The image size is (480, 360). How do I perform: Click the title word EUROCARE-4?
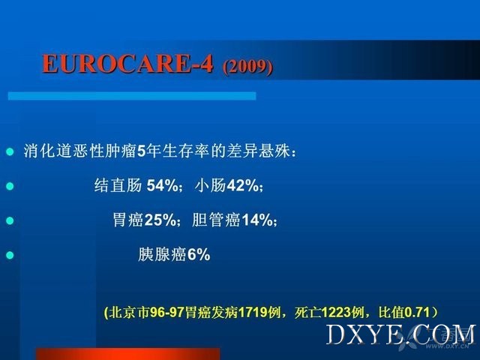click(x=127, y=64)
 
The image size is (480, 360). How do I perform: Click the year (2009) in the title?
click(x=247, y=66)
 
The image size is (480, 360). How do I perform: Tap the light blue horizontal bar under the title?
click(x=132, y=96)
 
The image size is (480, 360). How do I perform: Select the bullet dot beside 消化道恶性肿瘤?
click(x=10, y=151)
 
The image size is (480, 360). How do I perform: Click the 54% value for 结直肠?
click(x=162, y=185)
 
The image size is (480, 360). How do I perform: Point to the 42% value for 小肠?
click(x=243, y=185)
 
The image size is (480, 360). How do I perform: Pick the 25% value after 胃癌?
click(x=160, y=220)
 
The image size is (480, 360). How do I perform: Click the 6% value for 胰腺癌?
click(x=199, y=254)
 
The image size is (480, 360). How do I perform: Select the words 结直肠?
click(x=118, y=185)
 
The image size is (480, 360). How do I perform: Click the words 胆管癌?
click(x=216, y=220)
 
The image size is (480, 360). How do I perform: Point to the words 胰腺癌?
click(x=162, y=254)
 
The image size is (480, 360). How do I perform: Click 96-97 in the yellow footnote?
click(x=166, y=312)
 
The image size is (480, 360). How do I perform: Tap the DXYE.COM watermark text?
click(x=401, y=335)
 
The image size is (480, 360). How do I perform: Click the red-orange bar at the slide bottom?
click(x=128, y=354)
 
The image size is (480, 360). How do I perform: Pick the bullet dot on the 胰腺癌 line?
click(x=10, y=255)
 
